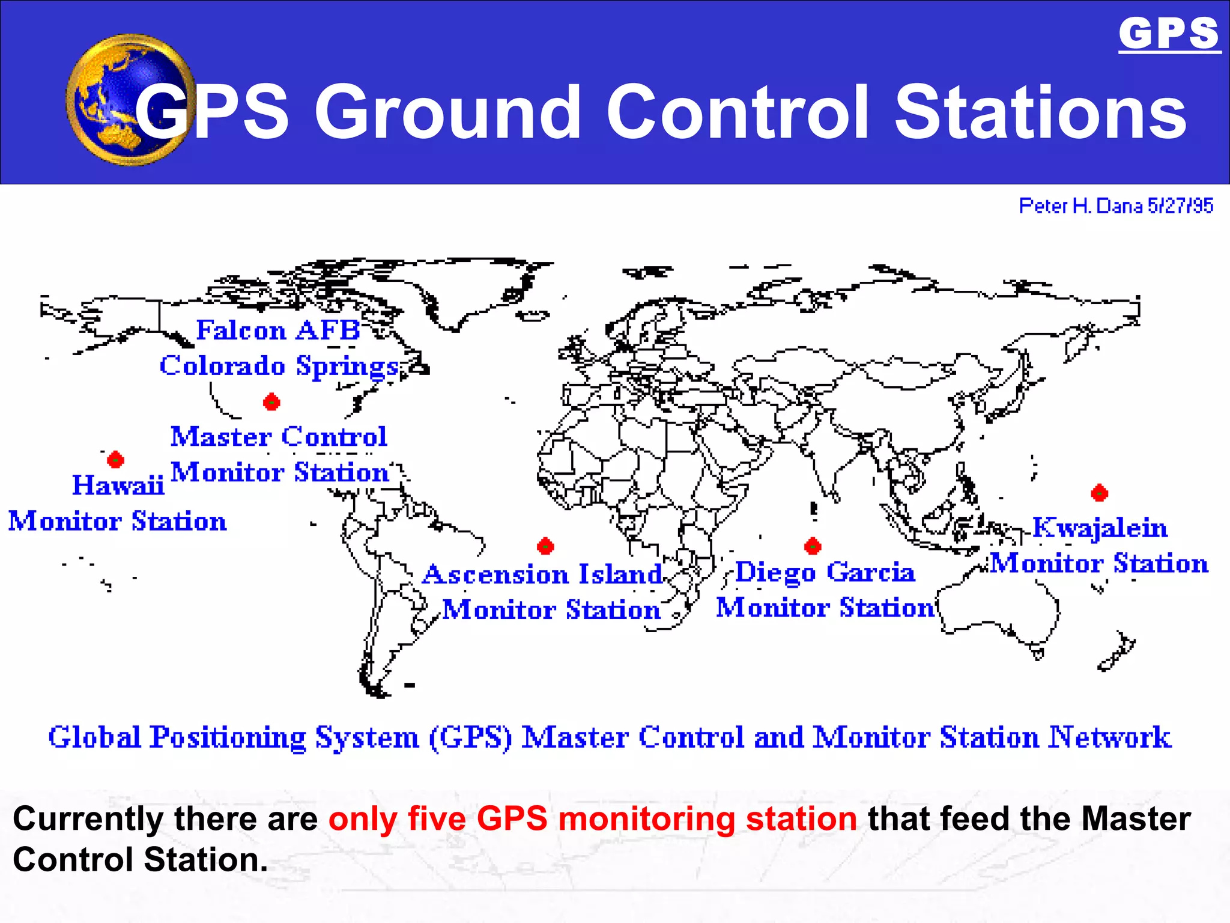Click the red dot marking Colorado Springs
[271, 402]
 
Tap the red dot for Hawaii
[115, 460]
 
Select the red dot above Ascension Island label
[545, 546]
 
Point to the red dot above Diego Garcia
[813, 546]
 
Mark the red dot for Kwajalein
[1099, 493]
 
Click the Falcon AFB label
[277, 331]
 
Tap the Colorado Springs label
[279, 366]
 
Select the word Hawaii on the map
[118, 485]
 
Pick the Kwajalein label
[1100, 528]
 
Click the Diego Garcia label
[825, 572]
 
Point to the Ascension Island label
[542, 574]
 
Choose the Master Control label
[279, 437]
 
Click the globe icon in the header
[129, 100]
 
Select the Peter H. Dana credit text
[1116, 206]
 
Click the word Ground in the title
[447, 112]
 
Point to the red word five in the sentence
[437, 819]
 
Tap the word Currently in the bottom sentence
[88, 819]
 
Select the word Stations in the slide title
[1040, 112]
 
